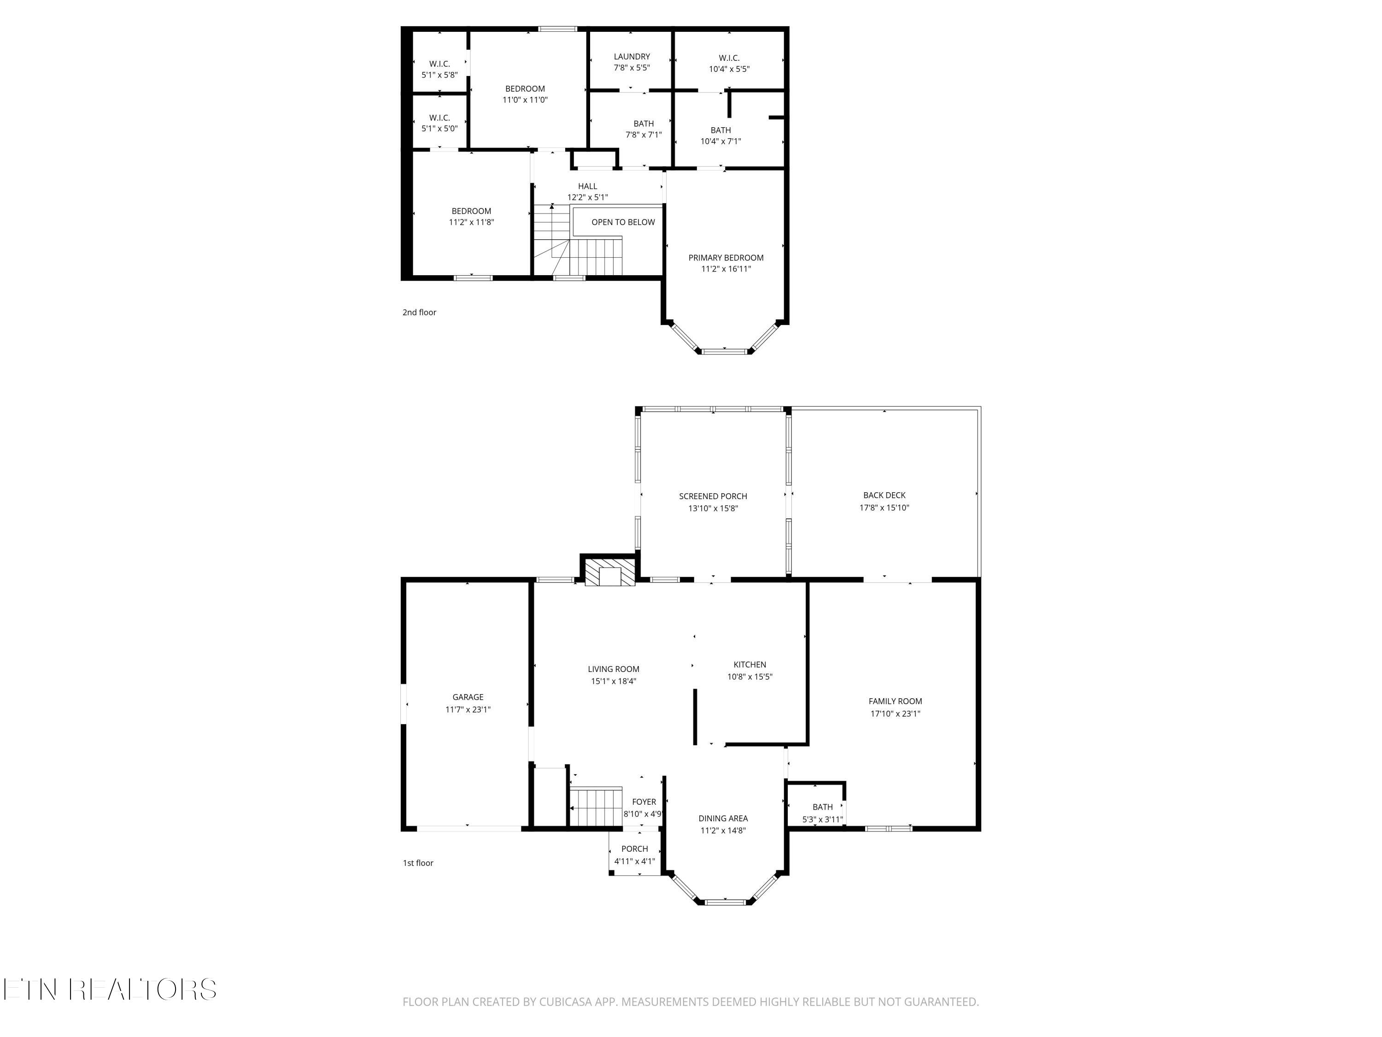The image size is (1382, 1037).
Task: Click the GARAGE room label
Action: pyautogui.click(x=468, y=697)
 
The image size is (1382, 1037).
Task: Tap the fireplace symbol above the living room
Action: pyautogui.click(x=609, y=572)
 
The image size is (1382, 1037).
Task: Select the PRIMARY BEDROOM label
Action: pyautogui.click(x=726, y=258)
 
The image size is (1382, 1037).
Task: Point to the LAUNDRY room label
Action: pyautogui.click(x=632, y=56)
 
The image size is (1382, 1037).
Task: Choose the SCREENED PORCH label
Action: pyautogui.click(x=713, y=496)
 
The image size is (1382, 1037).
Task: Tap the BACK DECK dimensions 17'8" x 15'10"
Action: pyautogui.click(x=884, y=507)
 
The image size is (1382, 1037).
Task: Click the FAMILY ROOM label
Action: pyautogui.click(x=895, y=701)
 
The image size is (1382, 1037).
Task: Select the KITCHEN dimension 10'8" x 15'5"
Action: pyautogui.click(x=750, y=676)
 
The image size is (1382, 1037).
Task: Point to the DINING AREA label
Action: pyautogui.click(x=723, y=818)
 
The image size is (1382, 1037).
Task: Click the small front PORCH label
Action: pyautogui.click(x=635, y=849)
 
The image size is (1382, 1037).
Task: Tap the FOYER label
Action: pyautogui.click(x=644, y=802)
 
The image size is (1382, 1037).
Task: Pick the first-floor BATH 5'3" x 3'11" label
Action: pyautogui.click(x=823, y=813)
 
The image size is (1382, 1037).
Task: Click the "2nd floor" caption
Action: pyautogui.click(x=419, y=312)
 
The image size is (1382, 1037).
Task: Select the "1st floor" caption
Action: pyautogui.click(x=418, y=863)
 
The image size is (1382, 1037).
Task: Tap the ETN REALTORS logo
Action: pyautogui.click(x=110, y=989)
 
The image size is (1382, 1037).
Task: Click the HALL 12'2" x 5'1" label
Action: pyautogui.click(x=587, y=192)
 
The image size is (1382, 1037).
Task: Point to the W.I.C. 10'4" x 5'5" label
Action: pyautogui.click(x=729, y=63)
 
